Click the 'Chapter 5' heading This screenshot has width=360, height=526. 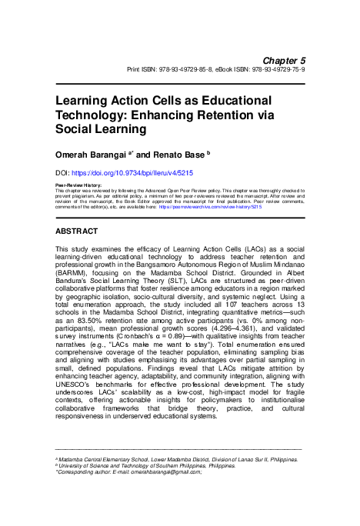[x=284, y=59]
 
